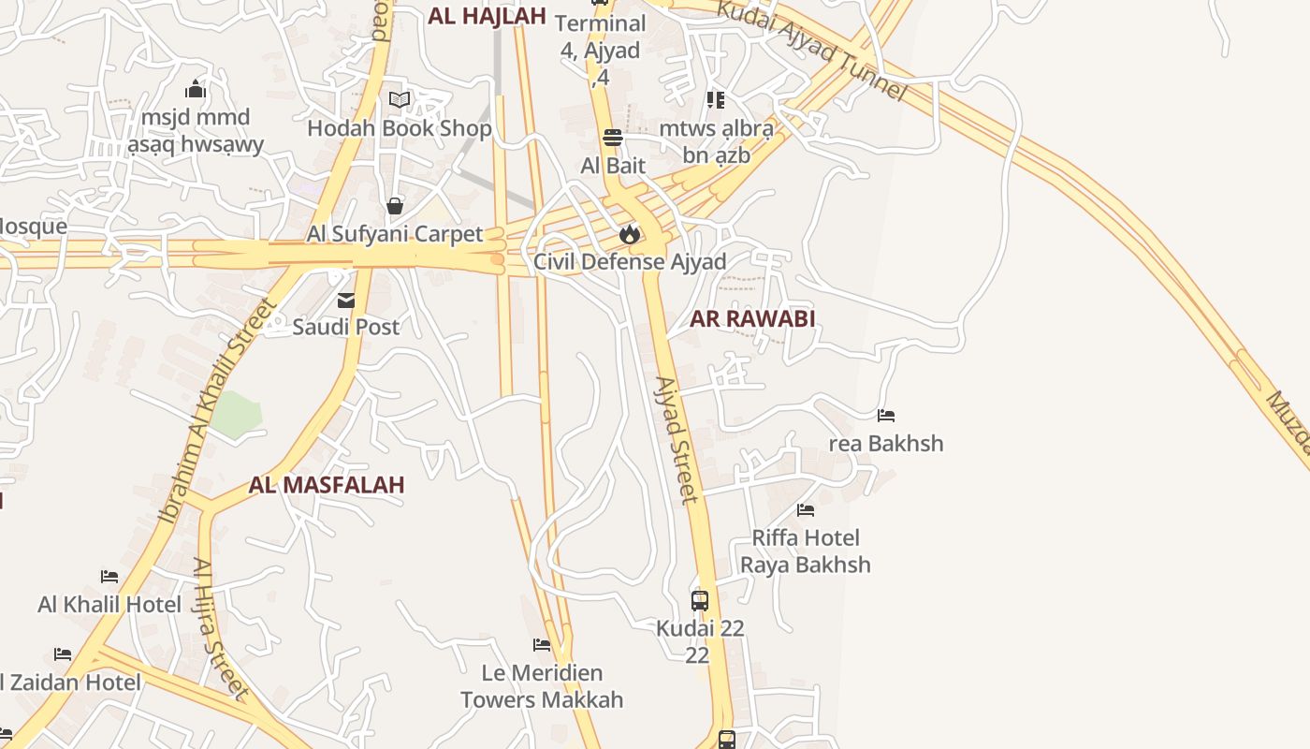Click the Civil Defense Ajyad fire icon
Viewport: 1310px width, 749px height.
coord(630,234)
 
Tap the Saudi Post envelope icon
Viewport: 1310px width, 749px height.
coord(346,301)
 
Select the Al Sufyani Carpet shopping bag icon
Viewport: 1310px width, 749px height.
coord(395,206)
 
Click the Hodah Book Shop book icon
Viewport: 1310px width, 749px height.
coord(400,100)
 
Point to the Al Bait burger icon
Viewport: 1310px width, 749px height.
coord(613,139)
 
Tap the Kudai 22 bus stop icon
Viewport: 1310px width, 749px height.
coord(700,601)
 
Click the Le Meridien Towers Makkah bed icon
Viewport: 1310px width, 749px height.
coord(542,645)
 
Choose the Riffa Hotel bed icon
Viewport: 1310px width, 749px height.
coord(806,510)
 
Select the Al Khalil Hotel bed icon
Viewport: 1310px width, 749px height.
coord(109,577)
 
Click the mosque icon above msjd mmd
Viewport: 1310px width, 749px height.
coord(196,89)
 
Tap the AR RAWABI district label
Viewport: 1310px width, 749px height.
coord(752,318)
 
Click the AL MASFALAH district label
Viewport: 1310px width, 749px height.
coord(327,485)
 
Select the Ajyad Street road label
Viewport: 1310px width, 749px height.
coord(677,440)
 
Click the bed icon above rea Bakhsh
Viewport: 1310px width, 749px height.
coord(886,416)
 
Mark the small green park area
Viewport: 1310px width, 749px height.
coord(236,414)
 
